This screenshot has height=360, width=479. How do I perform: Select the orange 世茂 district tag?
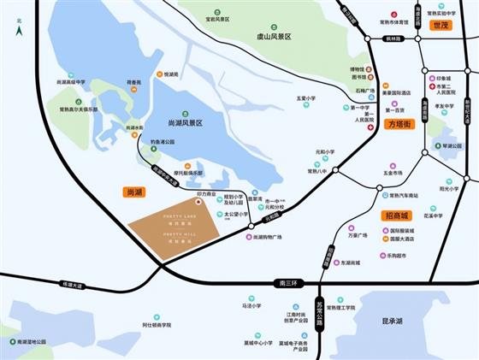(x=440, y=27)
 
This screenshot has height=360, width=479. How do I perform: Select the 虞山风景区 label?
(x=274, y=37)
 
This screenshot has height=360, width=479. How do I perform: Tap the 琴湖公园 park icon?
(x=438, y=146)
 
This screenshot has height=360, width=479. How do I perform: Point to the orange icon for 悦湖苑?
(x=158, y=74)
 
